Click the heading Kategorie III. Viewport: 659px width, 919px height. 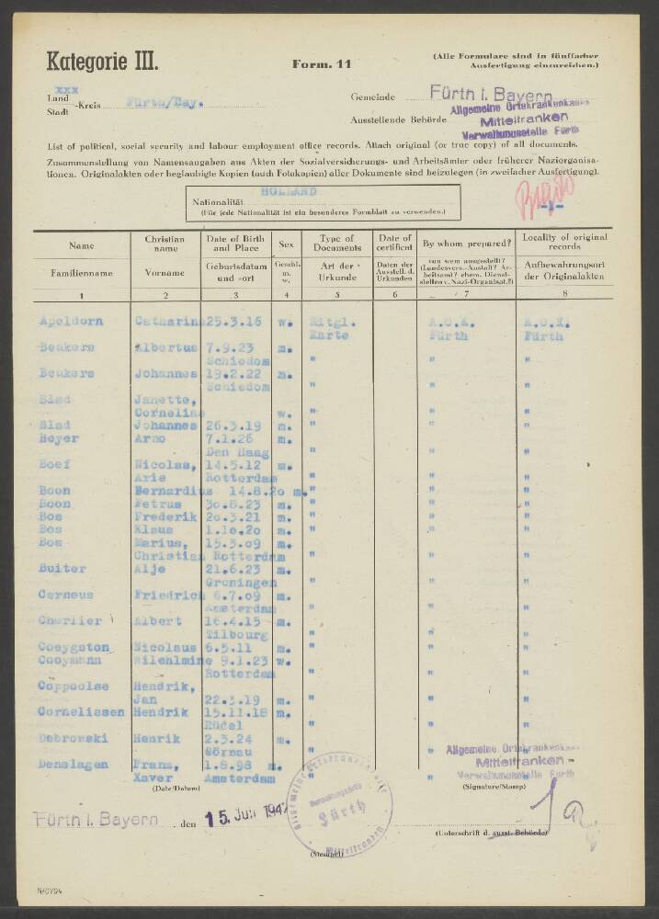click(102, 62)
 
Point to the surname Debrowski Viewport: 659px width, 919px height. click(73, 736)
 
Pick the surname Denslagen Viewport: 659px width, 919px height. click(73, 764)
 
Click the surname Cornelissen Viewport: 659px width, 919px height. click(79, 711)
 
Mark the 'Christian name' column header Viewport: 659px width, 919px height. click(165, 244)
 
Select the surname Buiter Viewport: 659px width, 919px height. click(62, 569)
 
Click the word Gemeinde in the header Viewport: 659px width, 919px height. click(372, 96)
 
